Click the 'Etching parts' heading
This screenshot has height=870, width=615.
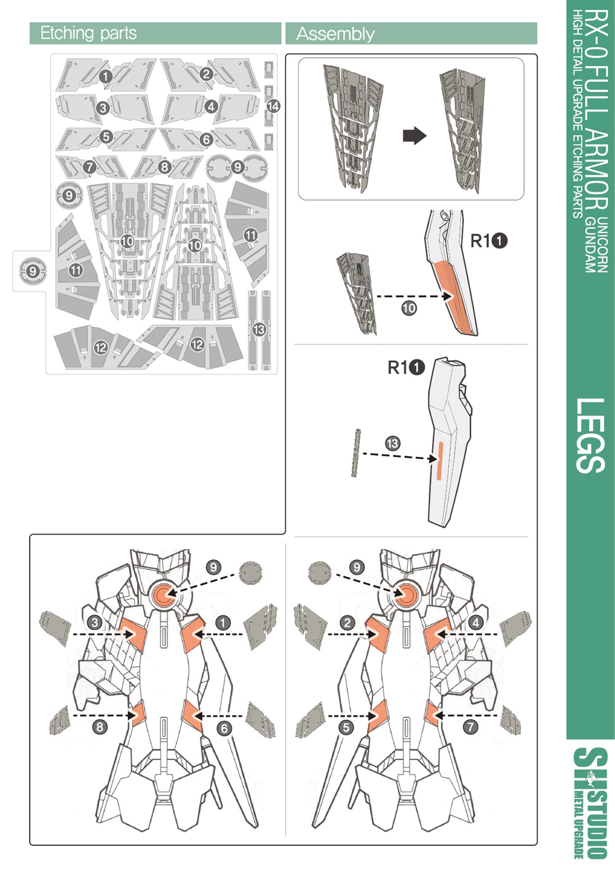[x=89, y=33]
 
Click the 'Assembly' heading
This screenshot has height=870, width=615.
[x=335, y=34]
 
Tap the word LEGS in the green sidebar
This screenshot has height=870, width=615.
[x=591, y=435]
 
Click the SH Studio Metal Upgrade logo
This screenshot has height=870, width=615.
[x=590, y=802]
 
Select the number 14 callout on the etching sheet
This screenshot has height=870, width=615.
[x=273, y=106]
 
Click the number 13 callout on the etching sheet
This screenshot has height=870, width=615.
[x=259, y=329]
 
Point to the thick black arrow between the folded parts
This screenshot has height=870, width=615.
[x=415, y=135]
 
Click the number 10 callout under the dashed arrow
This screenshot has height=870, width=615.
[x=409, y=308]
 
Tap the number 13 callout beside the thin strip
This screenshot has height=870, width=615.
[x=392, y=443]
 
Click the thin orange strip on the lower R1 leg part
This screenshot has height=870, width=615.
[x=438, y=460]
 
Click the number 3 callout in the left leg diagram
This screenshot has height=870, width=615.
[x=95, y=622]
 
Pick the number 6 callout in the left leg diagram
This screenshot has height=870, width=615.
[x=224, y=728]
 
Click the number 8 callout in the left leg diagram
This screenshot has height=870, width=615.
[x=100, y=727]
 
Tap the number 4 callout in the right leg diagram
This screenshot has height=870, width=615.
[x=475, y=622]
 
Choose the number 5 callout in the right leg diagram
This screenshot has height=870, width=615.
[x=346, y=727]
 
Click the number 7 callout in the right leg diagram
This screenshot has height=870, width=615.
[x=470, y=727]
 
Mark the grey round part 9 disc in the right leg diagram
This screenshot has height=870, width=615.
[x=319, y=573]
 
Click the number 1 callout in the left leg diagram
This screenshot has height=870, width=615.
[x=223, y=622]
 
